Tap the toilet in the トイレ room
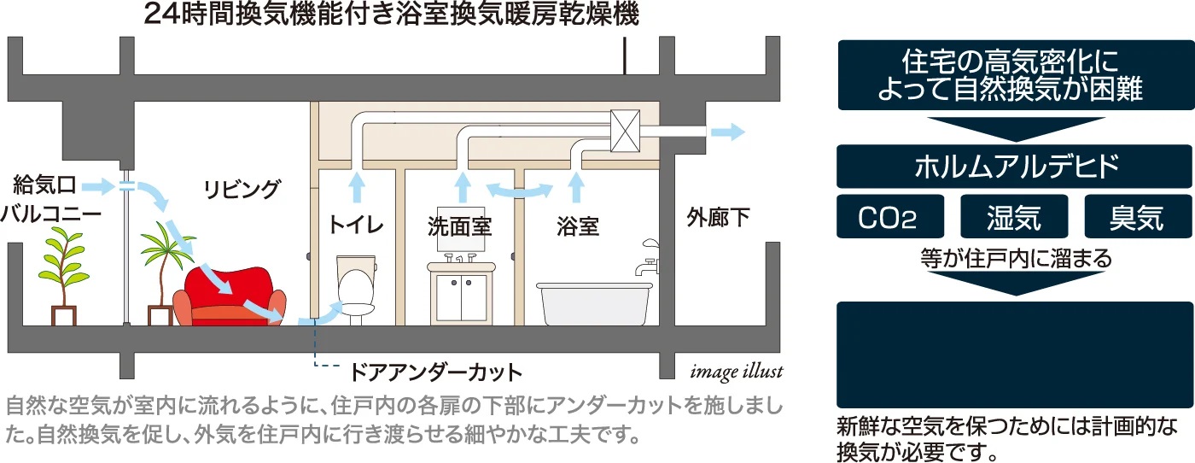click(x=356, y=290)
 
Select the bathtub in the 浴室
click(x=594, y=303)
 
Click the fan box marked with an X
click(x=625, y=131)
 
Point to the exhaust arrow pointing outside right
click(x=727, y=132)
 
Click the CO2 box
click(x=889, y=216)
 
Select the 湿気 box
click(x=1014, y=216)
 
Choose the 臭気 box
click(x=1139, y=216)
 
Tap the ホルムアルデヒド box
click(x=1014, y=166)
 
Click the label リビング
click(x=242, y=190)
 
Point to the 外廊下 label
click(x=718, y=217)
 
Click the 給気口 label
click(x=44, y=185)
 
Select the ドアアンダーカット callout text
click(x=435, y=372)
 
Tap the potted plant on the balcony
click(x=63, y=276)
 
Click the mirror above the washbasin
click(x=461, y=229)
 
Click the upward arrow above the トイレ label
click(x=358, y=188)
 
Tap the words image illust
click(x=736, y=371)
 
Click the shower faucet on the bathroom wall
click(x=647, y=257)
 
